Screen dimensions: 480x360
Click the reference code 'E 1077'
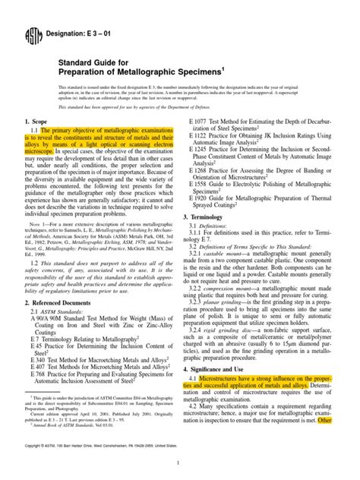click(x=201, y=122)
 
